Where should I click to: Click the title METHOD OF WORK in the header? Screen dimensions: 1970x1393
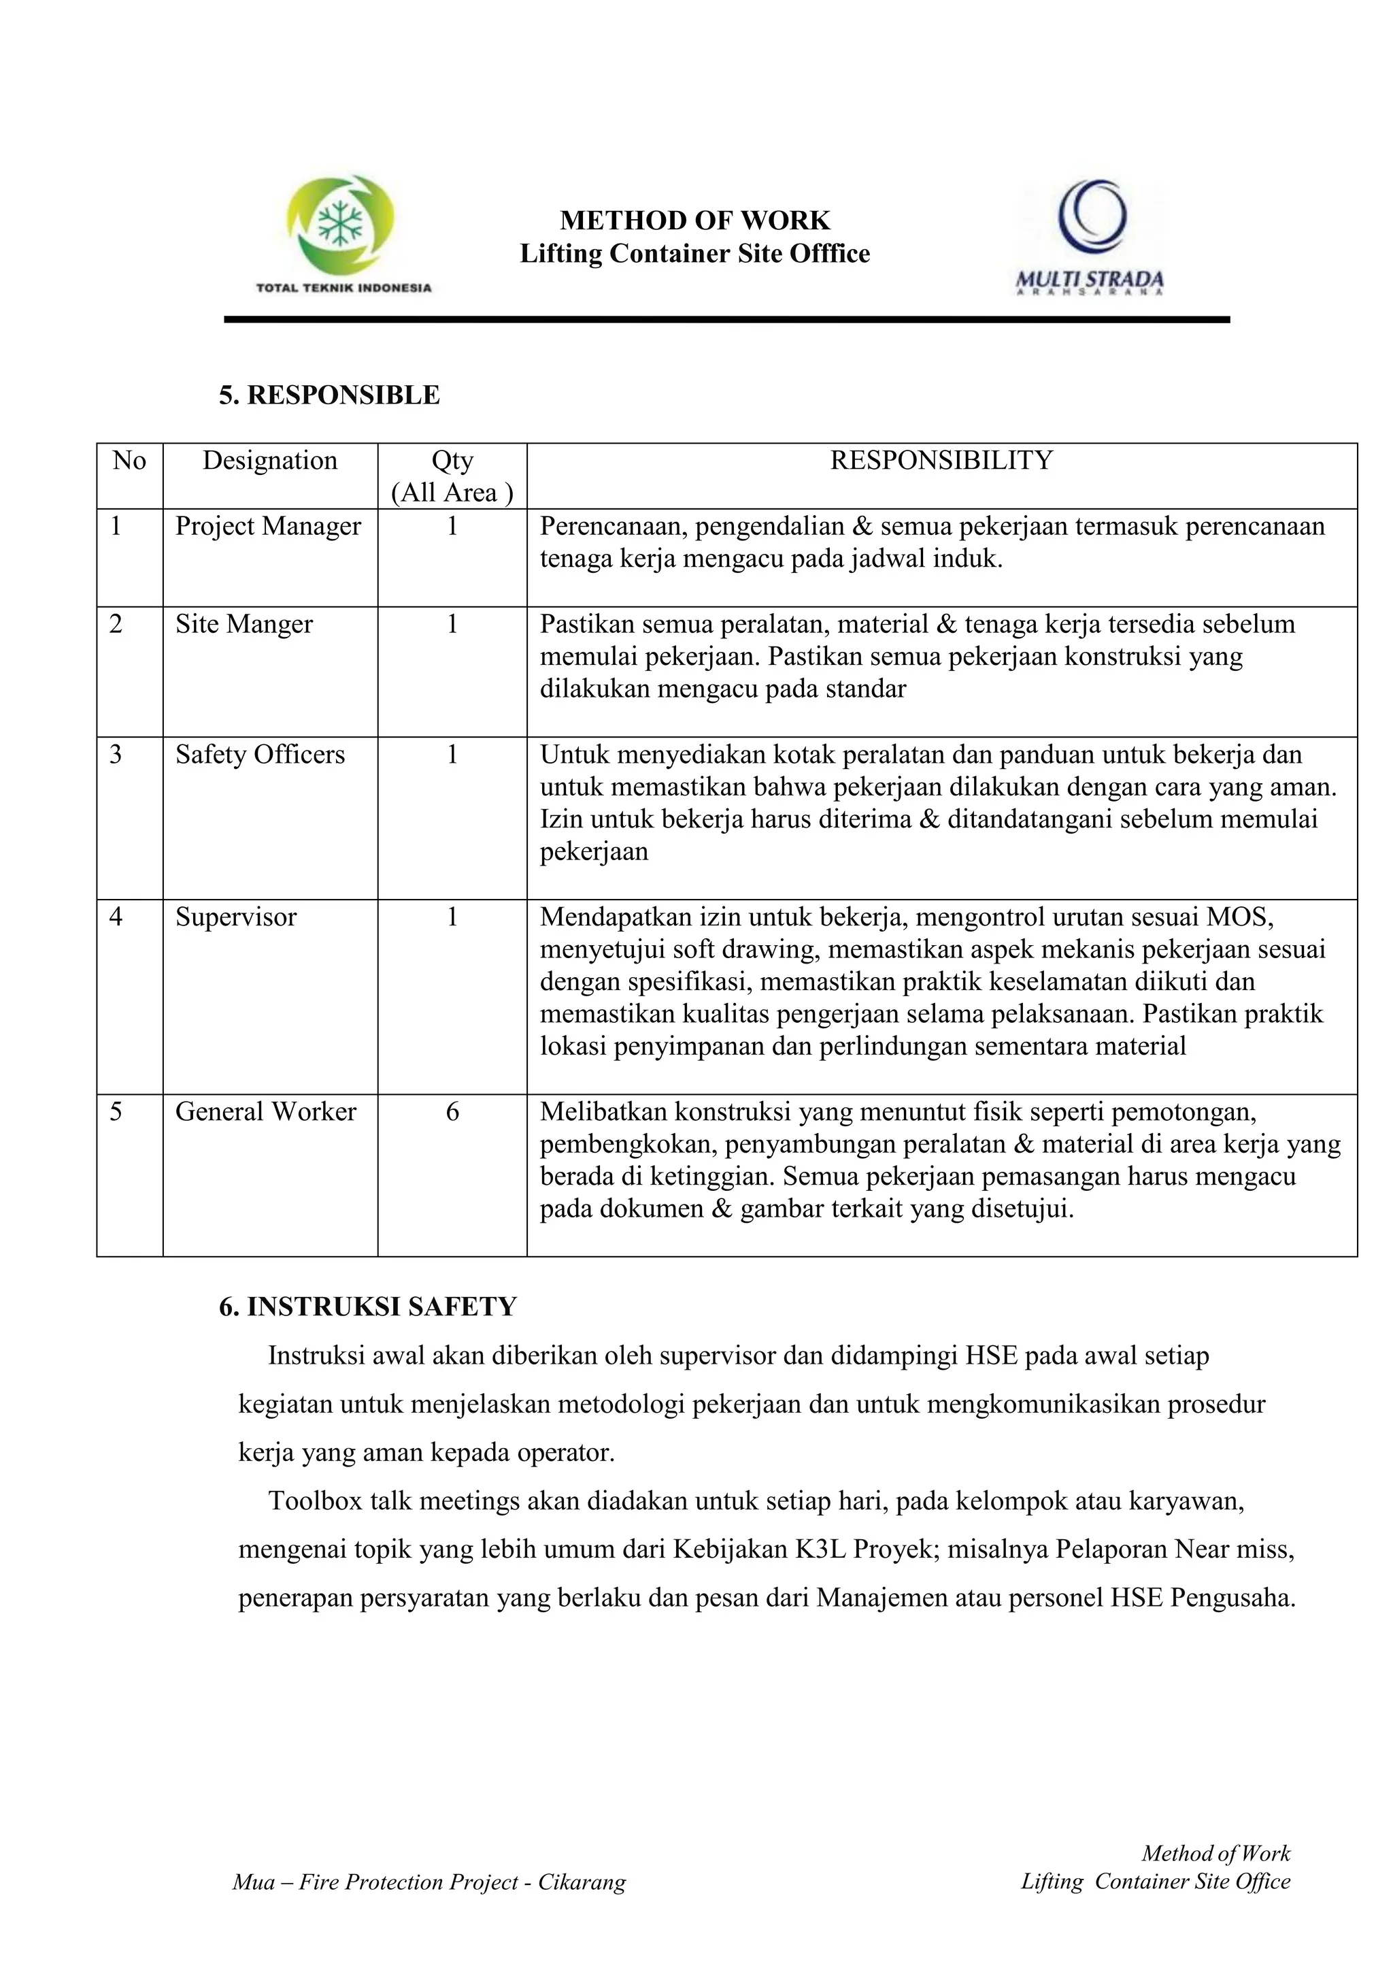(694, 220)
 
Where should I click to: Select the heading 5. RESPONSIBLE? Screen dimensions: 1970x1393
(329, 395)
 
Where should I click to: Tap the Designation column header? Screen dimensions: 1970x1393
(269, 461)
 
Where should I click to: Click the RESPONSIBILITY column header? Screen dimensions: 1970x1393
(941, 461)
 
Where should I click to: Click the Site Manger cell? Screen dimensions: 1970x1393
(244, 624)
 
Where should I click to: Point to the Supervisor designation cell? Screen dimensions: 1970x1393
(236, 917)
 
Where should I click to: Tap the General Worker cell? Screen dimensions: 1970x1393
(266, 1112)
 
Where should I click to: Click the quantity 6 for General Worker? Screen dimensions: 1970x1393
(452, 1112)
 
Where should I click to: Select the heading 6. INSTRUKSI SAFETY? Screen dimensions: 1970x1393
(368, 1307)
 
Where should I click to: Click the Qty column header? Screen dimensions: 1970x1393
(452, 476)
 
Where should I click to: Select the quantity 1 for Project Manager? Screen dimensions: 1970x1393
(452, 526)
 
